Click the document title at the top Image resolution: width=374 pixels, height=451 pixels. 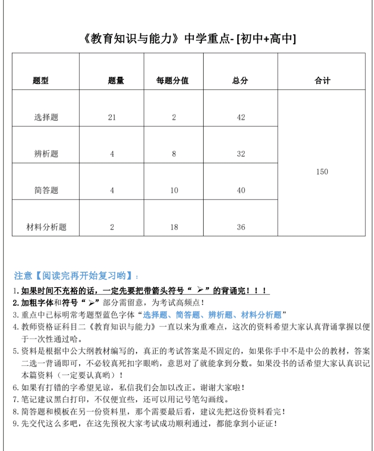coord(188,39)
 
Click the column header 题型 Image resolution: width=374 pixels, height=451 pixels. coord(41,81)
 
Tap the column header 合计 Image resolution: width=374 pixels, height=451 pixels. coord(322,81)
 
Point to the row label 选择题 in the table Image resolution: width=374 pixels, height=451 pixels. coord(46,117)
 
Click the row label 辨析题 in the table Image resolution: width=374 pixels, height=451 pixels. coord(46,154)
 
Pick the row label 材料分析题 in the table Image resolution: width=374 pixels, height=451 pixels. coord(46,227)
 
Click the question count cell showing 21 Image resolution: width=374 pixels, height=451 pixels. coord(112,117)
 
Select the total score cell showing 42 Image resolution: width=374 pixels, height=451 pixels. coord(241,117)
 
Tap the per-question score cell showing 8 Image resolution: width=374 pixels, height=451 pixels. coord(174,154)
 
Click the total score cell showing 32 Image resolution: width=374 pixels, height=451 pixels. coord(241,154)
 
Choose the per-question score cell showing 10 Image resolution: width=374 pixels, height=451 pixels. coord(174,190)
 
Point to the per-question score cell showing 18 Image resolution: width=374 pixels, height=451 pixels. coord(174,227)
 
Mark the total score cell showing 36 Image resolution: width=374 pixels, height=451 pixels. coord(241,227)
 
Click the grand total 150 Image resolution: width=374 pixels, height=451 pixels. coord(322,172)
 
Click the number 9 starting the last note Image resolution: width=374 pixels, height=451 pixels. coord(15,424)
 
